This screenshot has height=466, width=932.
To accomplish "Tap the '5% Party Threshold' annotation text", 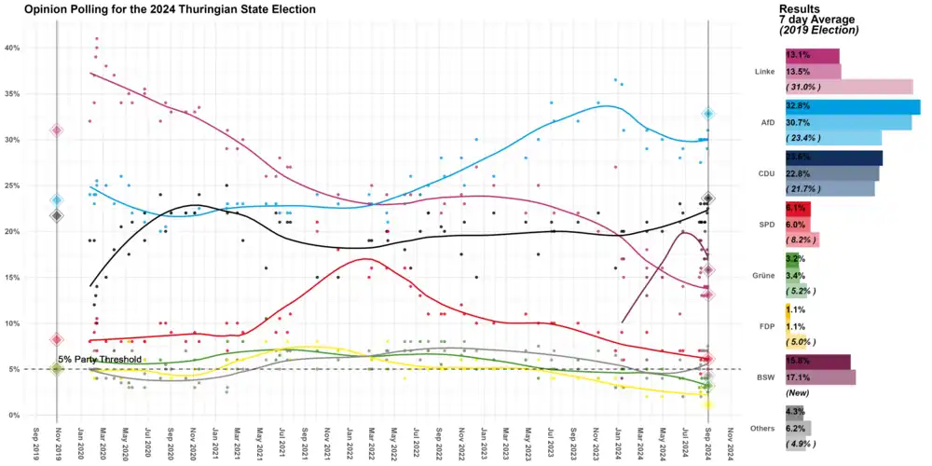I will pos(100,359).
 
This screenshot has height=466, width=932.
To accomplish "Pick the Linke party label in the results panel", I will pos(764,71).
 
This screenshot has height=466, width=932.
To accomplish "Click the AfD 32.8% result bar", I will pos(852,107).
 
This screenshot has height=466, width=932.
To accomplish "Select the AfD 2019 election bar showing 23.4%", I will pos(832,138).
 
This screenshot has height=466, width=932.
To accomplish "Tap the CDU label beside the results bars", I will pos(763,173).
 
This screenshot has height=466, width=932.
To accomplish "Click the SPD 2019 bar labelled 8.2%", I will pos(802,240).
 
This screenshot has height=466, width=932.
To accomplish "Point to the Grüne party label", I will pos(763,275).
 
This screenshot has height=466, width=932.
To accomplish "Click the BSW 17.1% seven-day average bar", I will pos(820,377).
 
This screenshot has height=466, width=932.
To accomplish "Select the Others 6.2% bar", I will pos(798,428).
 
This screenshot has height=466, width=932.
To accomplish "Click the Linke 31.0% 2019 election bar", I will pos(848,87).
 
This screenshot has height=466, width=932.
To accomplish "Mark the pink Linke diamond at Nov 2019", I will pos(57,130).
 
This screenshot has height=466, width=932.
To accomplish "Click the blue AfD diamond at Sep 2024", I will pos(709,114).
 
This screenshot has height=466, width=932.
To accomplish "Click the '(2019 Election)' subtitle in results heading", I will pos(818,31).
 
